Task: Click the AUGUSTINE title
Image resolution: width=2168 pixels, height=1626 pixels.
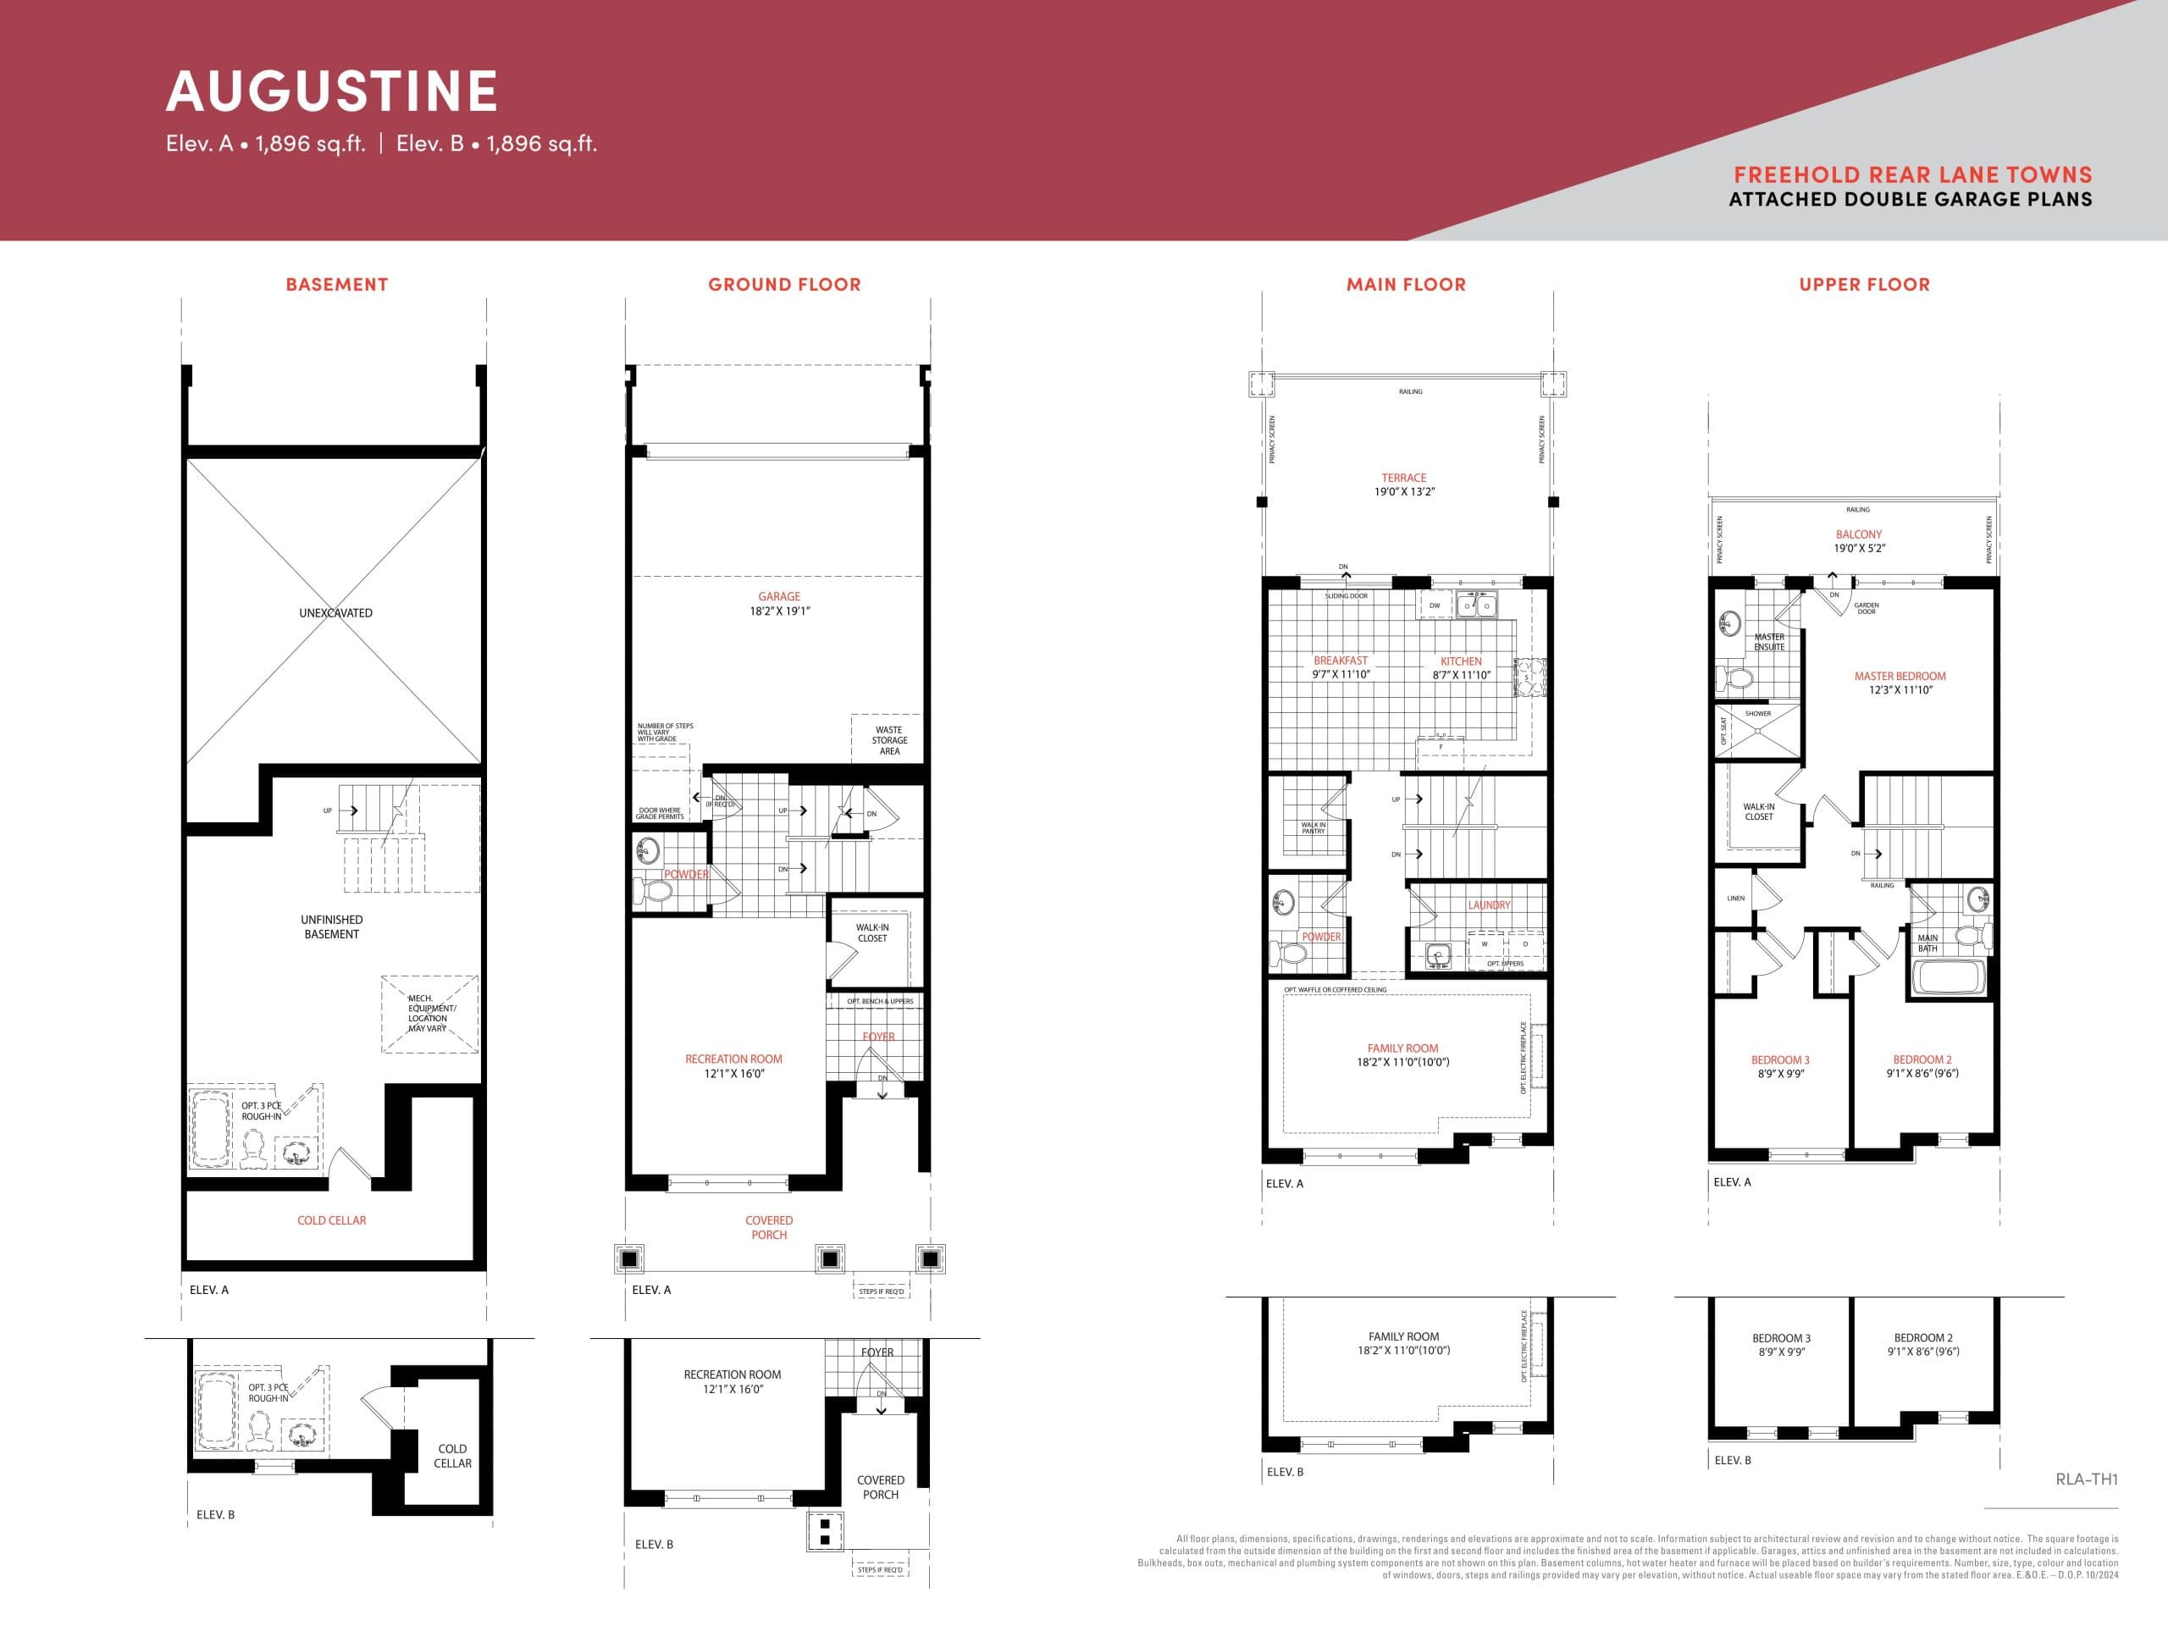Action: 332,91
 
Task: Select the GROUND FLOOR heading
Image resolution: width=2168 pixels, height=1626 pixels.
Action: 784,285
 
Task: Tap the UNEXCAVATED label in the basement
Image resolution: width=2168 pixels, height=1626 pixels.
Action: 335,612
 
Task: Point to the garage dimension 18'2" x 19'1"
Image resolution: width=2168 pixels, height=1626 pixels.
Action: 779,611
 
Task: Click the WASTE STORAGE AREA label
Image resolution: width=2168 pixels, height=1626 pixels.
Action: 889,740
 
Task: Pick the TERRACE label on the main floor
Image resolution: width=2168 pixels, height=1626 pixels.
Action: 1403,478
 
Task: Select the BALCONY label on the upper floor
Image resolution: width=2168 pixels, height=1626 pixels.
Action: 1858,534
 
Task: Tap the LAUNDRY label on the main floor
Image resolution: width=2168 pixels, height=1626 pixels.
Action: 1489,904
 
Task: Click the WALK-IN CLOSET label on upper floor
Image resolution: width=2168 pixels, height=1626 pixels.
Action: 1758,811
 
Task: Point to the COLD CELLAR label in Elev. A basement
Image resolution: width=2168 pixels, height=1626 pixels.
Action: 331,1220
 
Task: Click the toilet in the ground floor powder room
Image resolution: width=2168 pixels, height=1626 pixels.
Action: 655,891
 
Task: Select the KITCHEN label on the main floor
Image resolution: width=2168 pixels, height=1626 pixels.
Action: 1460,661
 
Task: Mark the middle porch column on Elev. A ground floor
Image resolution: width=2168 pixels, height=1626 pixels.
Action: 829,1258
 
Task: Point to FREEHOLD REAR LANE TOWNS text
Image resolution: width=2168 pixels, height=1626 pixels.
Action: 1912,174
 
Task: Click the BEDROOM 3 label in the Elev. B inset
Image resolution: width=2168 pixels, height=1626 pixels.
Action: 1781,1338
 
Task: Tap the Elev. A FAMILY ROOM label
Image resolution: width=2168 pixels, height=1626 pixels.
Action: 1402,1048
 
